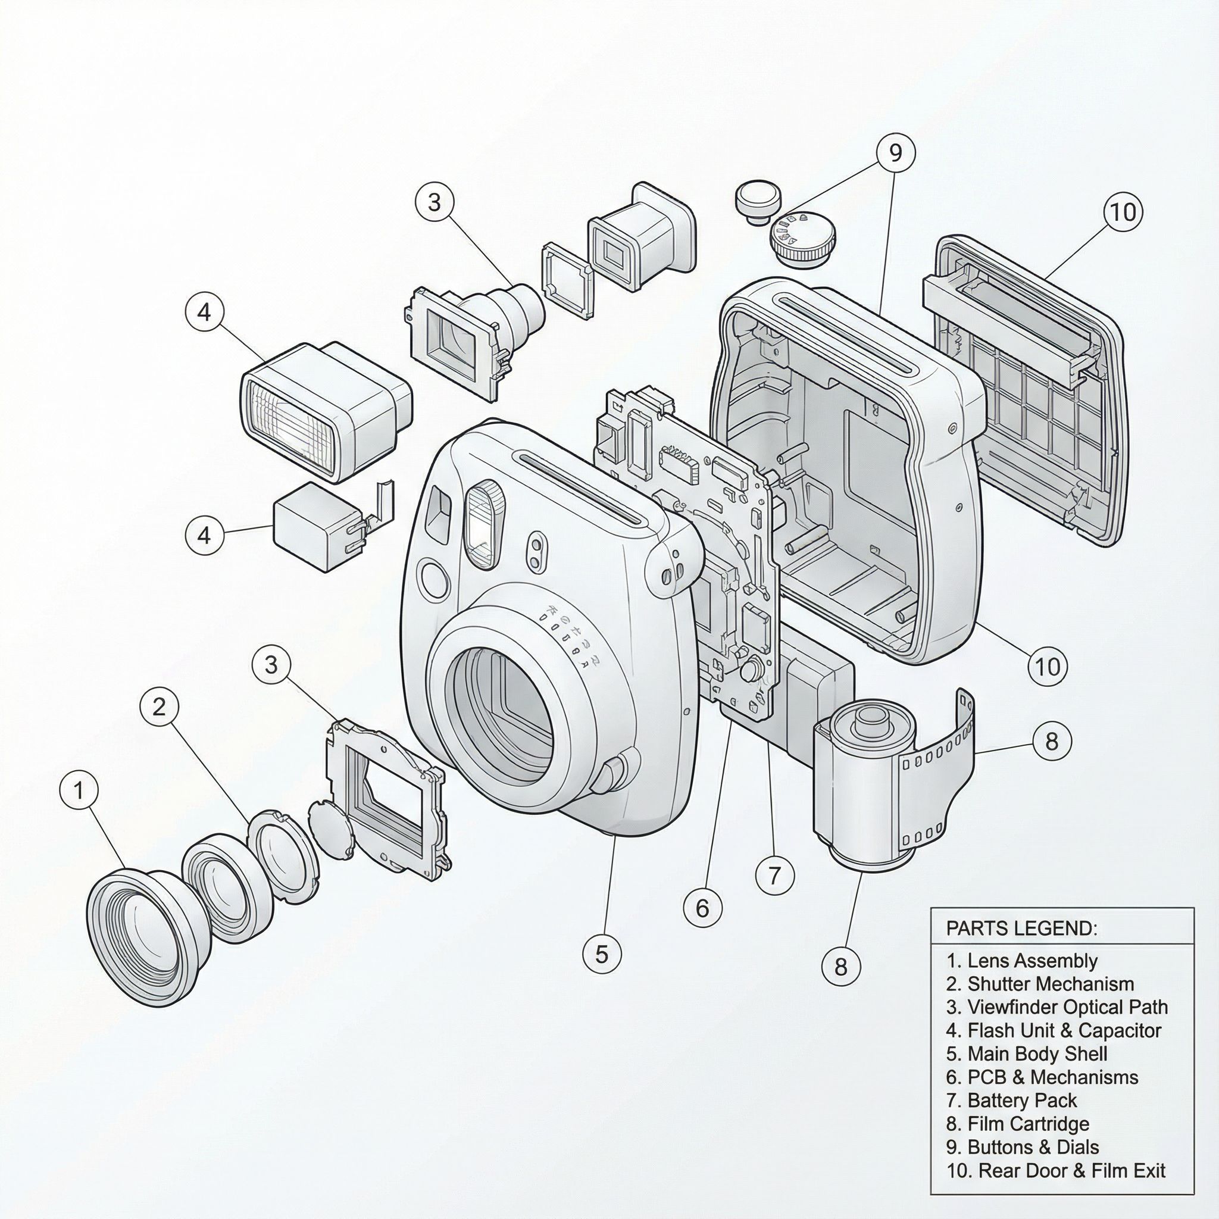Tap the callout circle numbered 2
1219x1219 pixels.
(x=159, y=706)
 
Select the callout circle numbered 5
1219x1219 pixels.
(x=601, y=954)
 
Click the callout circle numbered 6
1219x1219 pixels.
(x=702, y=908)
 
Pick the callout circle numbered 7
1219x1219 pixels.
(x=775, y=874)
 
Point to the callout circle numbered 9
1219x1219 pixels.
(x=895, y=153)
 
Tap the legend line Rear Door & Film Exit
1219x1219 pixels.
(x=1055, y=1170)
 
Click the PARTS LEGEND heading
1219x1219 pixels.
(x=1021, y=928)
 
